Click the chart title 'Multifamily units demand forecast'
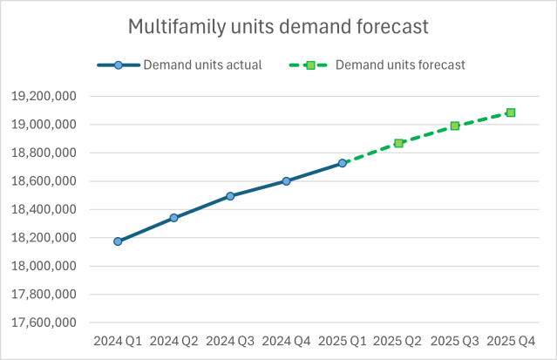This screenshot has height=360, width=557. (x=278, y=27)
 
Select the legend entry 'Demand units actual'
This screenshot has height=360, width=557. (x=202, y=65)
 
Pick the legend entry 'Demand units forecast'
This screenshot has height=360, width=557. (x=400, y=65)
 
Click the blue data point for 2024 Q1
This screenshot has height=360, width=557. (x=118, y=241)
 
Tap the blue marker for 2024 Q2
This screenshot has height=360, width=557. (x=173, y=217)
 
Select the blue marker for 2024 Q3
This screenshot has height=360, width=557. (x=230, y=196)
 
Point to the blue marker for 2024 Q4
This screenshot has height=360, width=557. (x=286, y=181)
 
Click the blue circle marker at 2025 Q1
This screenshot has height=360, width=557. (x=343, y=163)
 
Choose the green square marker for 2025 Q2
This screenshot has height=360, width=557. (x=398, y=143)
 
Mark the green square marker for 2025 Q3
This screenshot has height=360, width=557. (x=455, y=126)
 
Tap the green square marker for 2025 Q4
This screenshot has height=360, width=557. (x=511, y=112)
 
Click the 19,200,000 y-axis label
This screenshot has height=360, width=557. (x=46, y=97)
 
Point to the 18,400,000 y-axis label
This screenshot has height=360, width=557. (x=46, y=210)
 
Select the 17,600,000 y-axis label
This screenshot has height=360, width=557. (x=46, y=323)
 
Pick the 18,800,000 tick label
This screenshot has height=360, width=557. (x=46, y=153)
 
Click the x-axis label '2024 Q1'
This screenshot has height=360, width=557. (x=118, y=340)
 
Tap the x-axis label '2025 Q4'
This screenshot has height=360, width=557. (x=511, y=340)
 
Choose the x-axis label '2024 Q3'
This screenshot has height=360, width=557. (x=230, y=340)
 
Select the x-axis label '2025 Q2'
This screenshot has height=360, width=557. (x=398, y=340)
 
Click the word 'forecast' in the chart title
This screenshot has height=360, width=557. (x=392, y=27)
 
